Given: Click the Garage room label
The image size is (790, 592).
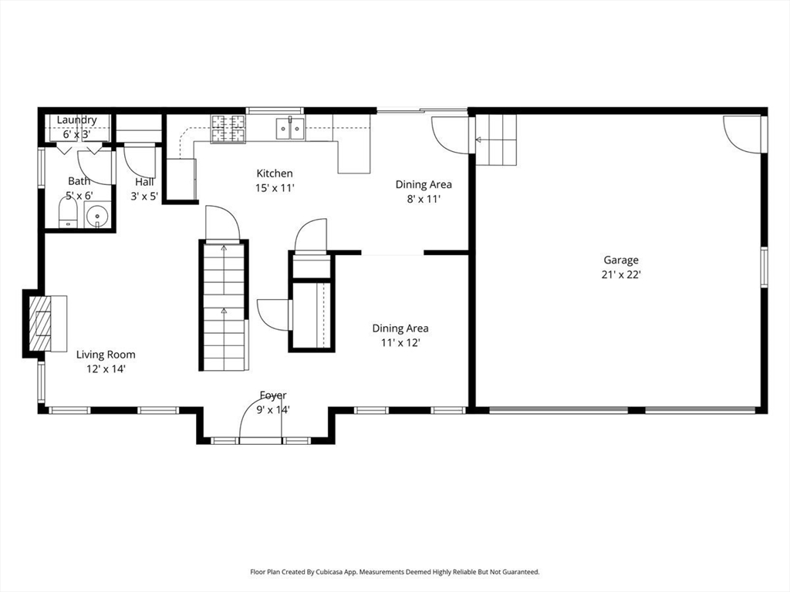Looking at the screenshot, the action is click(621, 261).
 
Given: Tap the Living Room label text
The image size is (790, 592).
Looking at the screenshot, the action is click(106, 355).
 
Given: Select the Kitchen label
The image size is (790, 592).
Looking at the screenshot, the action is click(275, 173).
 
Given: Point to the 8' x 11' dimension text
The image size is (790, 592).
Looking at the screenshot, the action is click(424, 199).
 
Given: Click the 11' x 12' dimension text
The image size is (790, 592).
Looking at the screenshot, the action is click(400, 343).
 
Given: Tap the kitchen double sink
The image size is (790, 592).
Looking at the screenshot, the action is click(290, 128).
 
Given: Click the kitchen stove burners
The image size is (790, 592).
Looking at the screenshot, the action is click(228, 129).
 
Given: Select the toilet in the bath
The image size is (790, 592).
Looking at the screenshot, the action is click(67, 213).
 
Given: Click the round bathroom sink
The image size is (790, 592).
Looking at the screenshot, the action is click(96, 217).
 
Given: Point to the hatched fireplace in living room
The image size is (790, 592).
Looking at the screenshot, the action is click(40, 323).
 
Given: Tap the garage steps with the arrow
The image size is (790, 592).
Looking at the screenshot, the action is click(496, 140).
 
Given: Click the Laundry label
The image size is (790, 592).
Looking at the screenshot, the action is click(76, 119).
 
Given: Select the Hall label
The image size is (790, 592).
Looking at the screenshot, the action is click(144, 182).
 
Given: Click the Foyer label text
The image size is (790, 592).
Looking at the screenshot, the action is click(273, 395).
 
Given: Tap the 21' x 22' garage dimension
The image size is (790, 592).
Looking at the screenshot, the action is click(621, 275).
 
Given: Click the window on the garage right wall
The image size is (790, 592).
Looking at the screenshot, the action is click(765, 267).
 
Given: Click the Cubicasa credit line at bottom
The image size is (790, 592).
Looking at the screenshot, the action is click(395, 572).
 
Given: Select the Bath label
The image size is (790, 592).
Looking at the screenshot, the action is click(79, 180).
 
